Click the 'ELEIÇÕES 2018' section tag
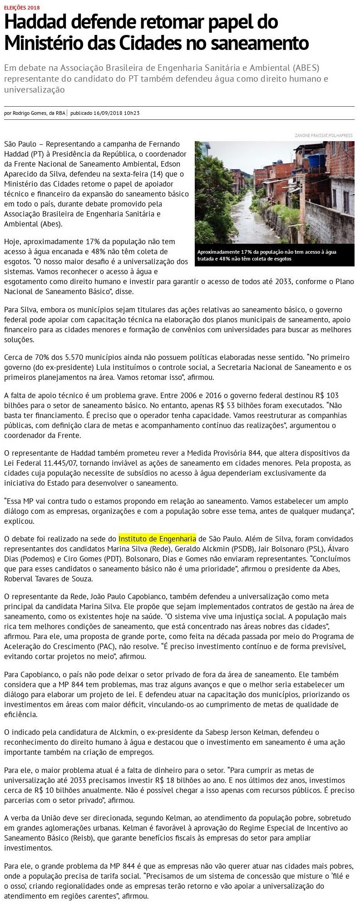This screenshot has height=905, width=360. (x=21, y=8)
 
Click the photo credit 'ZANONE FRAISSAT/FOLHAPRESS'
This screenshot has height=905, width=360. (x=323, y=135)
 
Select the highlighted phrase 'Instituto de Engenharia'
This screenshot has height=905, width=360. (x=157, y=539)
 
